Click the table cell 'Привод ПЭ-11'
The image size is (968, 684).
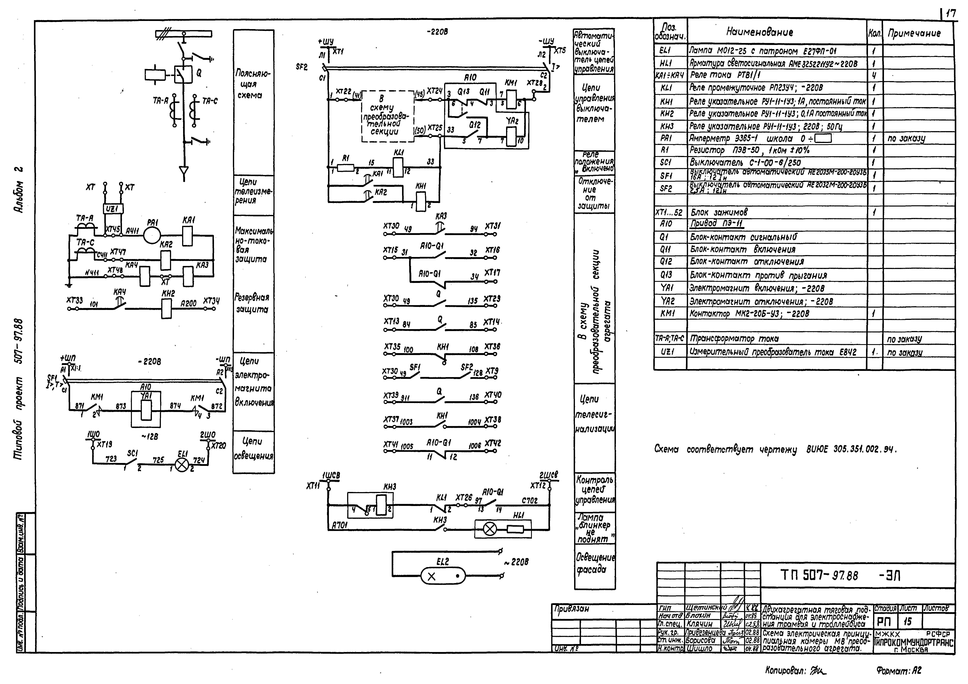tap(717, 224)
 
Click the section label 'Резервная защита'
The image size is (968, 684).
tap(252, 303)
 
